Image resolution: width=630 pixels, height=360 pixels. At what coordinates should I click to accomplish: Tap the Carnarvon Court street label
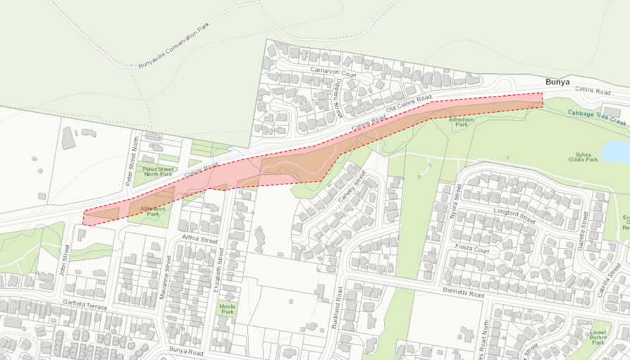333,73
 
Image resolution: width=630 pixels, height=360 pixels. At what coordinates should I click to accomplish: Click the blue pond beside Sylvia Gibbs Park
617,151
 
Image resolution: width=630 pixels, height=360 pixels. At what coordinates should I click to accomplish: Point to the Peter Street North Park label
159,172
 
